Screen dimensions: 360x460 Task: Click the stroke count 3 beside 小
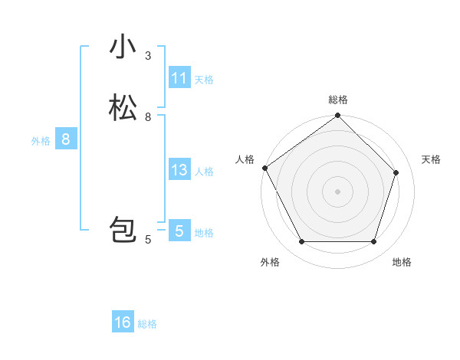tap(148, 56)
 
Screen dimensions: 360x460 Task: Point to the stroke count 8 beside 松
tap(148, 117)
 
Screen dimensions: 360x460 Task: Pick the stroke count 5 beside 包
tap(148, 240)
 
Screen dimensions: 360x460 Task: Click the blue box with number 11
tap(179, 79)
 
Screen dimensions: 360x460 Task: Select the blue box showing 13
tap(179, 171)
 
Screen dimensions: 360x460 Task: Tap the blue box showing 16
tap(123, 322)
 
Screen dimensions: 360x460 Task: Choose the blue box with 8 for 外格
tap(66, 140)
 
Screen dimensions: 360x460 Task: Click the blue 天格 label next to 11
tap(204, 80)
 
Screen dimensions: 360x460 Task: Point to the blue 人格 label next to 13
tap(204, 172)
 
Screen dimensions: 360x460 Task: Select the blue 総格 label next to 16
tap(147, 324)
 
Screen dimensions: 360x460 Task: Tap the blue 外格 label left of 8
tap(41, 141)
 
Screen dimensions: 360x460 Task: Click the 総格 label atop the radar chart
tap(338, 100)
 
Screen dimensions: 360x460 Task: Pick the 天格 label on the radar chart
tap(431, 159)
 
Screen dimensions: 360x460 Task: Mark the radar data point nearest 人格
tap(265, 168)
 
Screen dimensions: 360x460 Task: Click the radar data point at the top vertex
tap(338, 116)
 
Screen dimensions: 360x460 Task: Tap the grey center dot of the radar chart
tap(338, 191)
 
